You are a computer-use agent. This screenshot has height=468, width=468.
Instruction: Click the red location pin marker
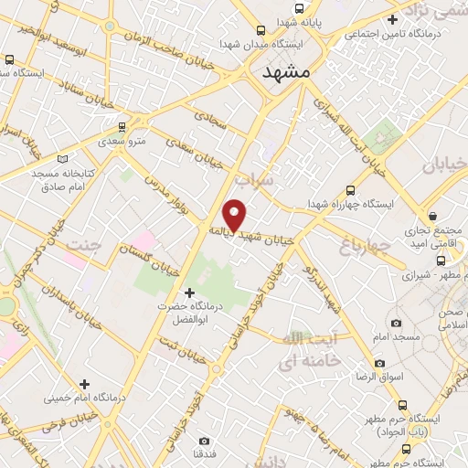click(x=236, y=214)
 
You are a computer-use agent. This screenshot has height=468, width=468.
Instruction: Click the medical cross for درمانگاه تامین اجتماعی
click(x=392, y=19)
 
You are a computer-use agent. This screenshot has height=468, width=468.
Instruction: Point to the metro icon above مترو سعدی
click(x=122, y=127)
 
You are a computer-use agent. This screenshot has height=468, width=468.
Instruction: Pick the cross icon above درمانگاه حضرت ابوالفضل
click(x=189, y=293)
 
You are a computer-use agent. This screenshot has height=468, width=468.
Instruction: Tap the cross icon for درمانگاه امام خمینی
click(x=85, y=384)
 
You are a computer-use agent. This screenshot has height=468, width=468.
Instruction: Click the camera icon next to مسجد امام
click(x=395, y=323)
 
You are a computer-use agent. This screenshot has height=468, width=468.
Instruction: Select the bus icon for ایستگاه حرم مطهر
click(x=402, y=404)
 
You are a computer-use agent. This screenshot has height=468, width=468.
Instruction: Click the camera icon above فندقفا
click(x=204, y=441)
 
